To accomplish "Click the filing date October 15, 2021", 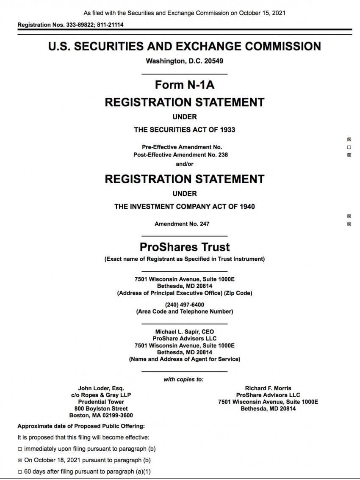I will click(x=262, y=13).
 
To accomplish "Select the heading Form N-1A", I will click(x=185, y=85).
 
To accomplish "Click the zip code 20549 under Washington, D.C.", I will click(x=213, y=61).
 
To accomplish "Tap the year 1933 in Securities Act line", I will click(x=227, y=130).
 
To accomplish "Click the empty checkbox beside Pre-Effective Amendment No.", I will click(x=349, y=147).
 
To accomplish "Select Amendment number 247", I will click(x=204, y=224).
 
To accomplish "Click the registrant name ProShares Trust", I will click(x=185, y=247).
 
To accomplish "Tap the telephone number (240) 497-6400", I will click(x=185, y=305).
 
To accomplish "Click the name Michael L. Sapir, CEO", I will click(x=185, y=332).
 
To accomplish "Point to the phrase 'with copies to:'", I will click(x=183, y=380).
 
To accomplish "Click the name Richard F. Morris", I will click(x=268, y=388).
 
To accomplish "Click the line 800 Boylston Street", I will click(x=101, y=408).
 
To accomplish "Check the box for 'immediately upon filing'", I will click(x=20, y=449).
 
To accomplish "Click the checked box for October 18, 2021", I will click(x=20, y=460).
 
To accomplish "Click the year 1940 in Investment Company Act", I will click(x=247, y=207).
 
